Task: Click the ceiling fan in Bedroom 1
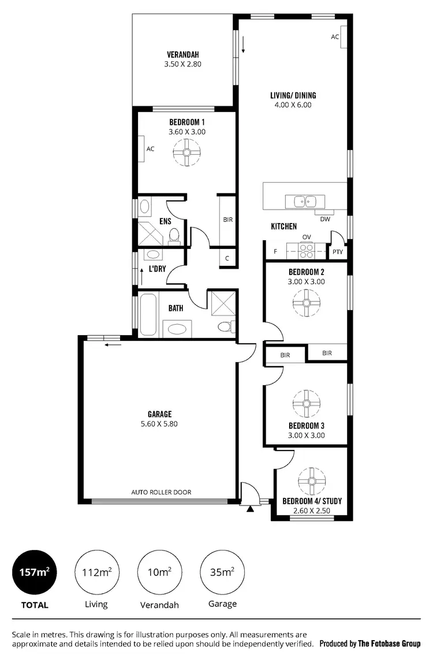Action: point(186,153)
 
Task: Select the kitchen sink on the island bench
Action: point(304,202)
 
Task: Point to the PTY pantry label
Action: point(337,252)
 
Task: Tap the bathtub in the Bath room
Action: point(147,315)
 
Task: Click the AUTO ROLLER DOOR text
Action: point(161,492)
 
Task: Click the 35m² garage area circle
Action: point(222,572)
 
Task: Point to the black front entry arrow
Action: point(249,509)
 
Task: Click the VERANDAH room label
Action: point(182,55)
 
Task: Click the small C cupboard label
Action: point(227,258)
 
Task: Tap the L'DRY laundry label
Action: point(158,269)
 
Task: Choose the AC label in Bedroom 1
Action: point(150,148)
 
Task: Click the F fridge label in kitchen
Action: point(275,252)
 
